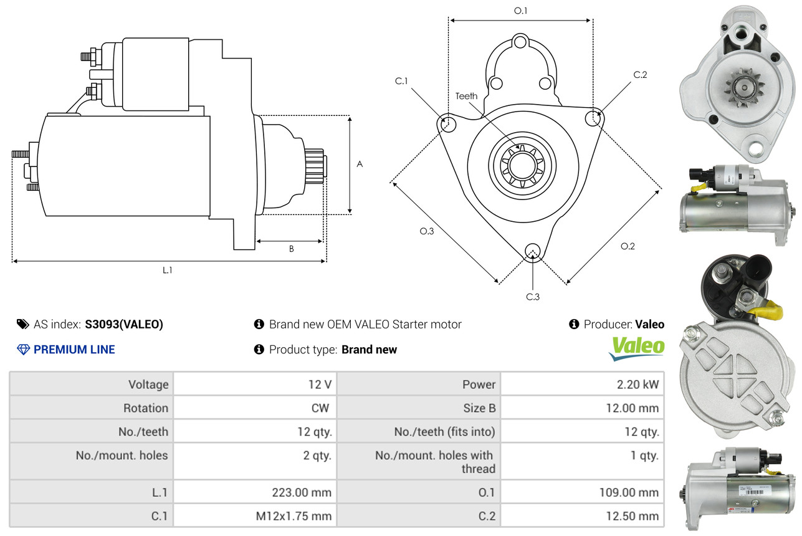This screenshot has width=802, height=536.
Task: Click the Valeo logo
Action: (636, 348)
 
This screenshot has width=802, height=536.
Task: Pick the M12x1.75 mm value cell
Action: (293, 516)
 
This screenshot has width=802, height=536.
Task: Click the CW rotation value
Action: (322, 408)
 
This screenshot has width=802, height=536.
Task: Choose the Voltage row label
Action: (148, 385)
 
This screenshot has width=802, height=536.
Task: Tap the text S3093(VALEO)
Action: (124, 324)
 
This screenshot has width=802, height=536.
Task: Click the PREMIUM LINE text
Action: (74, 350)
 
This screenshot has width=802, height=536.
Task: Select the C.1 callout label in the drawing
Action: (401, 81)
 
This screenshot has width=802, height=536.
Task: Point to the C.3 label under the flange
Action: (532, 297)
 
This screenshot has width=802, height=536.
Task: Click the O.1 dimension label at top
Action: (520, 11)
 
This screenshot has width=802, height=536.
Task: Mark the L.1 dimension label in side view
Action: (168, 270)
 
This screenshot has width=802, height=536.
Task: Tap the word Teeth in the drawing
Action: (466, 96)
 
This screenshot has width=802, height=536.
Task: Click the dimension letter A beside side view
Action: (360, 164)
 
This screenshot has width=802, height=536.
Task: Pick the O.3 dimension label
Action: (426, 231)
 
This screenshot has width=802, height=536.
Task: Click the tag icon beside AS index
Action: (22, 324)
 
